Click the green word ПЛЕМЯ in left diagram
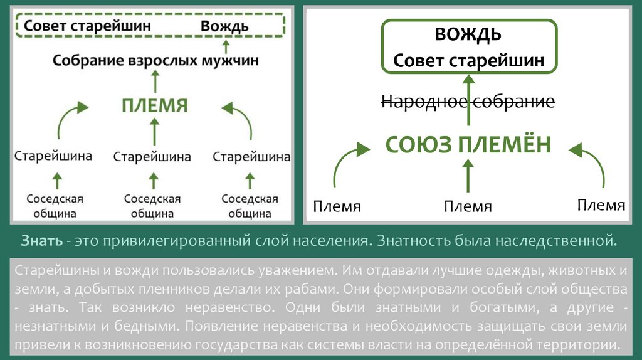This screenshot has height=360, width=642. point(155,105)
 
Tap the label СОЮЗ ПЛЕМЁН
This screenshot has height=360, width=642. point(467,145)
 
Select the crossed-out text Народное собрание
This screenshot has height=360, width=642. point(467,102)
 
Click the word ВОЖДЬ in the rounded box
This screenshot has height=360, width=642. point(468,34)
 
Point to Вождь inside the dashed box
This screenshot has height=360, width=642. point(224,26)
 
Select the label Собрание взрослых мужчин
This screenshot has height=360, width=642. point(155,61)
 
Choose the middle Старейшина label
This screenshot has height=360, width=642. point(152,156)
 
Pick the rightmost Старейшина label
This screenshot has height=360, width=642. point(251,156)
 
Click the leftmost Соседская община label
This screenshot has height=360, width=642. point(55,206)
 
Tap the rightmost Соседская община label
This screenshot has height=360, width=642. point(250,206)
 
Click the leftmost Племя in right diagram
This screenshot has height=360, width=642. point(337,206)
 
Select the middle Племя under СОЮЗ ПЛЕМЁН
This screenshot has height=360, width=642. point(468,206)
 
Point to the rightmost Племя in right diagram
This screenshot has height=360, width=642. point(601,205)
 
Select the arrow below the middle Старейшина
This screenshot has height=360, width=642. point(152,181)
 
